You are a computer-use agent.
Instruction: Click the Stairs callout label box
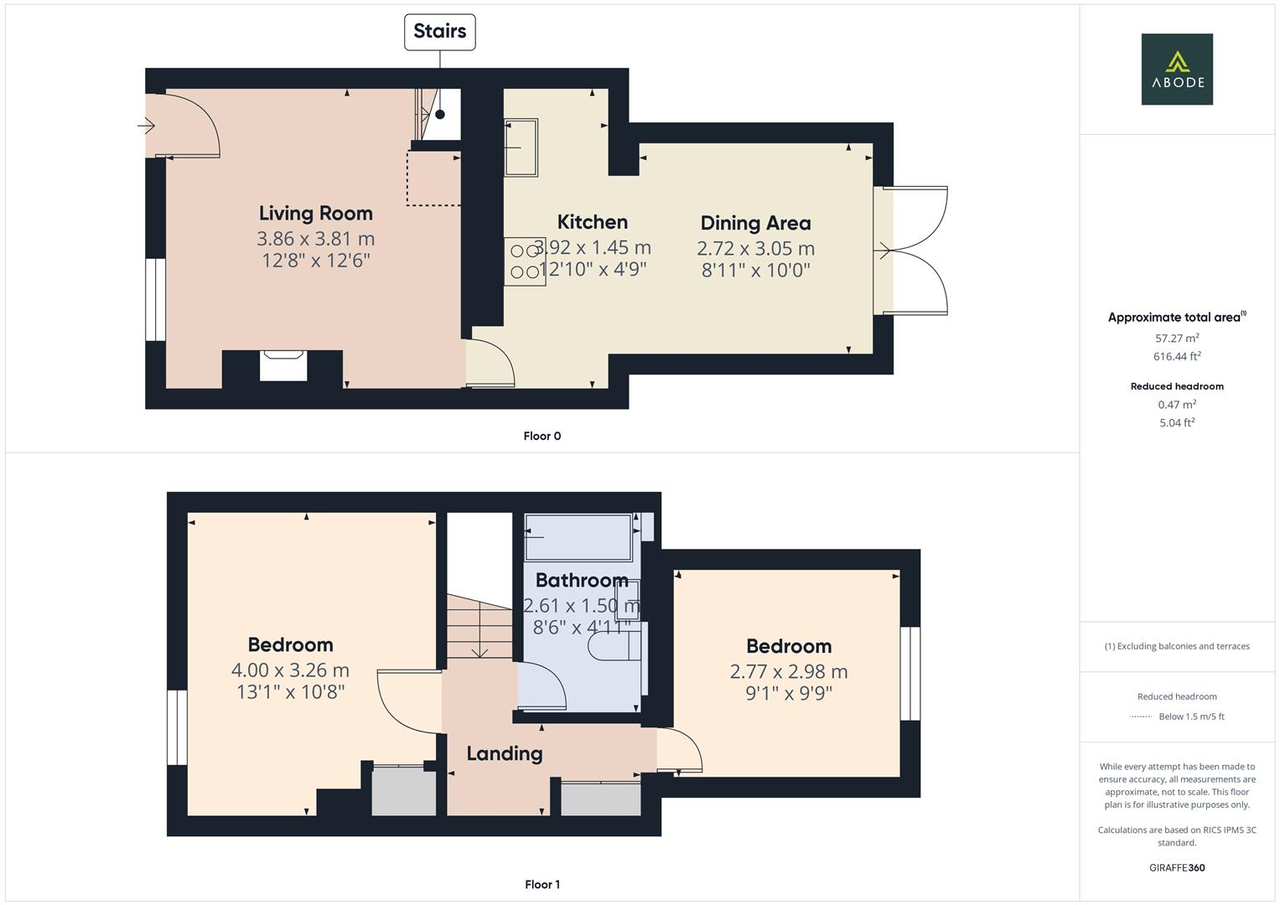[439, 32]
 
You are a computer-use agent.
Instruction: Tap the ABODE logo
[1177, 70]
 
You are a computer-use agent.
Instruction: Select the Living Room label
[315, 214]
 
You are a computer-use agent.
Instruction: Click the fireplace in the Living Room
[282, 365]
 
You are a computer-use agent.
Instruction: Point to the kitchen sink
[521, 148]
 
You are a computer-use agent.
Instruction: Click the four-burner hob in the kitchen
[525, 261]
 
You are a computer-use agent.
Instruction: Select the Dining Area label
[755, 223]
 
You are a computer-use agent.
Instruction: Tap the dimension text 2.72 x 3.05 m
[755, 249]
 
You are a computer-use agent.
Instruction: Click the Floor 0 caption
[542, 436]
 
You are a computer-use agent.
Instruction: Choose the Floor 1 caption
[542, 884]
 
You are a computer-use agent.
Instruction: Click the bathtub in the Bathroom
[578, 537]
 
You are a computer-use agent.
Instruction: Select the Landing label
[504, 753]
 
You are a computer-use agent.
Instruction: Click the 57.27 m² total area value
[1177, 339]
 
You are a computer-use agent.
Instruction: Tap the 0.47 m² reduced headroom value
[1177, 405]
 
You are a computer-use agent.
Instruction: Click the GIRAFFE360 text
[1177, 867]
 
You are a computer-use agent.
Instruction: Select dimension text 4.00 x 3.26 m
[290, 670]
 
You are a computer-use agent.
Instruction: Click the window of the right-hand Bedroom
[910, 674]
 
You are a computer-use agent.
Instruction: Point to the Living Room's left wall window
[156, 299]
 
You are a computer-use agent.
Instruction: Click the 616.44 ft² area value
[1177, 357]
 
